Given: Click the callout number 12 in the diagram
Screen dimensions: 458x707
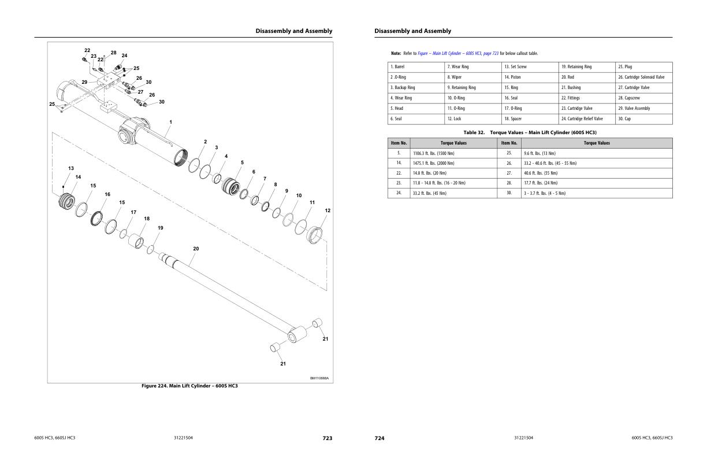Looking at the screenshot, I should pos(328,210).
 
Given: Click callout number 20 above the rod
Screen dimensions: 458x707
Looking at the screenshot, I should pos(196,249).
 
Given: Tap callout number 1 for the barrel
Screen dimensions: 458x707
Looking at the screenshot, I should pos(170,122).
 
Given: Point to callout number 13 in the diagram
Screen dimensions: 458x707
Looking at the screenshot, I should pos(71,168).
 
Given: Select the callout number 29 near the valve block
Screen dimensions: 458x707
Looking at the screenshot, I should pos(84,82).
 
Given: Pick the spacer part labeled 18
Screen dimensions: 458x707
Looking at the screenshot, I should pos(136,240).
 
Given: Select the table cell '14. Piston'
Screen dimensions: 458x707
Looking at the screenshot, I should pos(512,77).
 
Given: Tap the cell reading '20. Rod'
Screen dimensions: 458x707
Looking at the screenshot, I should pos(568,77).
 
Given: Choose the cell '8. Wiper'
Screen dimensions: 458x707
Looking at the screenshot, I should pos(455,77).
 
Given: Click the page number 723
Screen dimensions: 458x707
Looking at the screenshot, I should pos(327,438).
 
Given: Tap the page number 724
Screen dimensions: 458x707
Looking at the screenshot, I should pos(379,438).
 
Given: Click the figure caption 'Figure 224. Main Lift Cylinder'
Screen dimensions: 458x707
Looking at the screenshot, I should pos(189,386).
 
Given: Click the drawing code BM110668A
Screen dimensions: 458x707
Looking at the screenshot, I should pos(319,378).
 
